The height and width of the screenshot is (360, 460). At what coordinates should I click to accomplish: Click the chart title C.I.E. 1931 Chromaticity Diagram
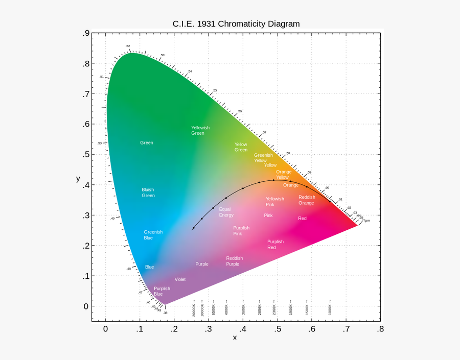pyautogui.click(x=236, y=24)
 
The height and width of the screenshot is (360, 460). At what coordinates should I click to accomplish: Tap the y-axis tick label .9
pyautogui.click(x=86, y=34)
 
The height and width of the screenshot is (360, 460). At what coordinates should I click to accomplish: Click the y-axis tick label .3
pyautogui.click(x=86, y=215)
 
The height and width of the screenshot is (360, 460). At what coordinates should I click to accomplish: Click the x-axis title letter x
pyautogui.click(x=235, y=338)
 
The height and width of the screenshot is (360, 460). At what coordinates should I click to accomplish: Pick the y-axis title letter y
pyautogui.click(x=78, y=178)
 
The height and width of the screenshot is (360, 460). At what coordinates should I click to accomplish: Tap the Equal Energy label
pyautogui.click(x=226, y=212)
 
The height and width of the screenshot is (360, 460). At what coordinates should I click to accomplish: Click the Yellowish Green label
pyautogui.click(x=200, y=130)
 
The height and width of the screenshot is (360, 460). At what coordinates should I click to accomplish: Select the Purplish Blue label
pyautogui.click(x=162, y=291)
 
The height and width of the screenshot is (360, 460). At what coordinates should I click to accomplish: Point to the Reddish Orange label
pyautogui.click(x=307, y=200)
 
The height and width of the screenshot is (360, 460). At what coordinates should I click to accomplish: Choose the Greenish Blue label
pyautogui.click(x=153, y=234)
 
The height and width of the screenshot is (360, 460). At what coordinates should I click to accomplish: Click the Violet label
pyautogui.click(x=180, y=279)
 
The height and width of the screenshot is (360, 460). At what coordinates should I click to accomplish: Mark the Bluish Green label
pyautogui.click(x=148, y=193)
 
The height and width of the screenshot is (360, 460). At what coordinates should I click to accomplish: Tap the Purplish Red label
pyautogui.click(x=275, y=244)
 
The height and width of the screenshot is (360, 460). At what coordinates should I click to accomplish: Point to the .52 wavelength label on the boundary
pyautogui.click(x=128, y=46)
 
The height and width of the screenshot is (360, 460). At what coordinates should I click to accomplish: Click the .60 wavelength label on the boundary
pyautogui.click(x=327, y=188)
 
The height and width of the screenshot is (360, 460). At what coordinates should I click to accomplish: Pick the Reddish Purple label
pyautogui.click(x=234, y=261)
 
